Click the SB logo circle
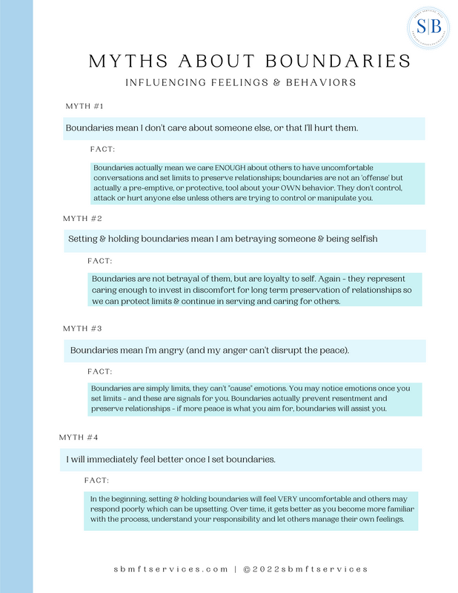pyautogui.click(x=428, y=28)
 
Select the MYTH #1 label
pyautogui.click(x=85, y=107)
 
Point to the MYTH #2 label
pyautogui.click(x=82, y=219)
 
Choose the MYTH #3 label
pyautogui.click(x=82, y=328)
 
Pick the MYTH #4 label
pyautogui.click(x=82, y=437)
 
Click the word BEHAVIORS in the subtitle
pyautogui.click(x=320, y=83)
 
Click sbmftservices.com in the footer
pyautogui.click(x=171, y=569)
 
